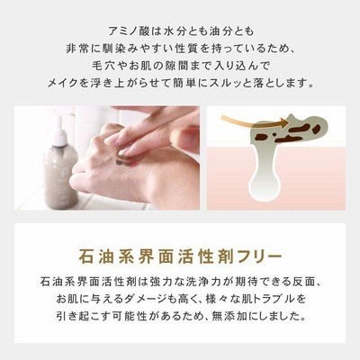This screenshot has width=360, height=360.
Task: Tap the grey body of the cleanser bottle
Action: [60, 177]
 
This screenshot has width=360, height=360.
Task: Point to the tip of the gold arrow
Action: [287, 121]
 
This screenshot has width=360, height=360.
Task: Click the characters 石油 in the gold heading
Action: [95, 257]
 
